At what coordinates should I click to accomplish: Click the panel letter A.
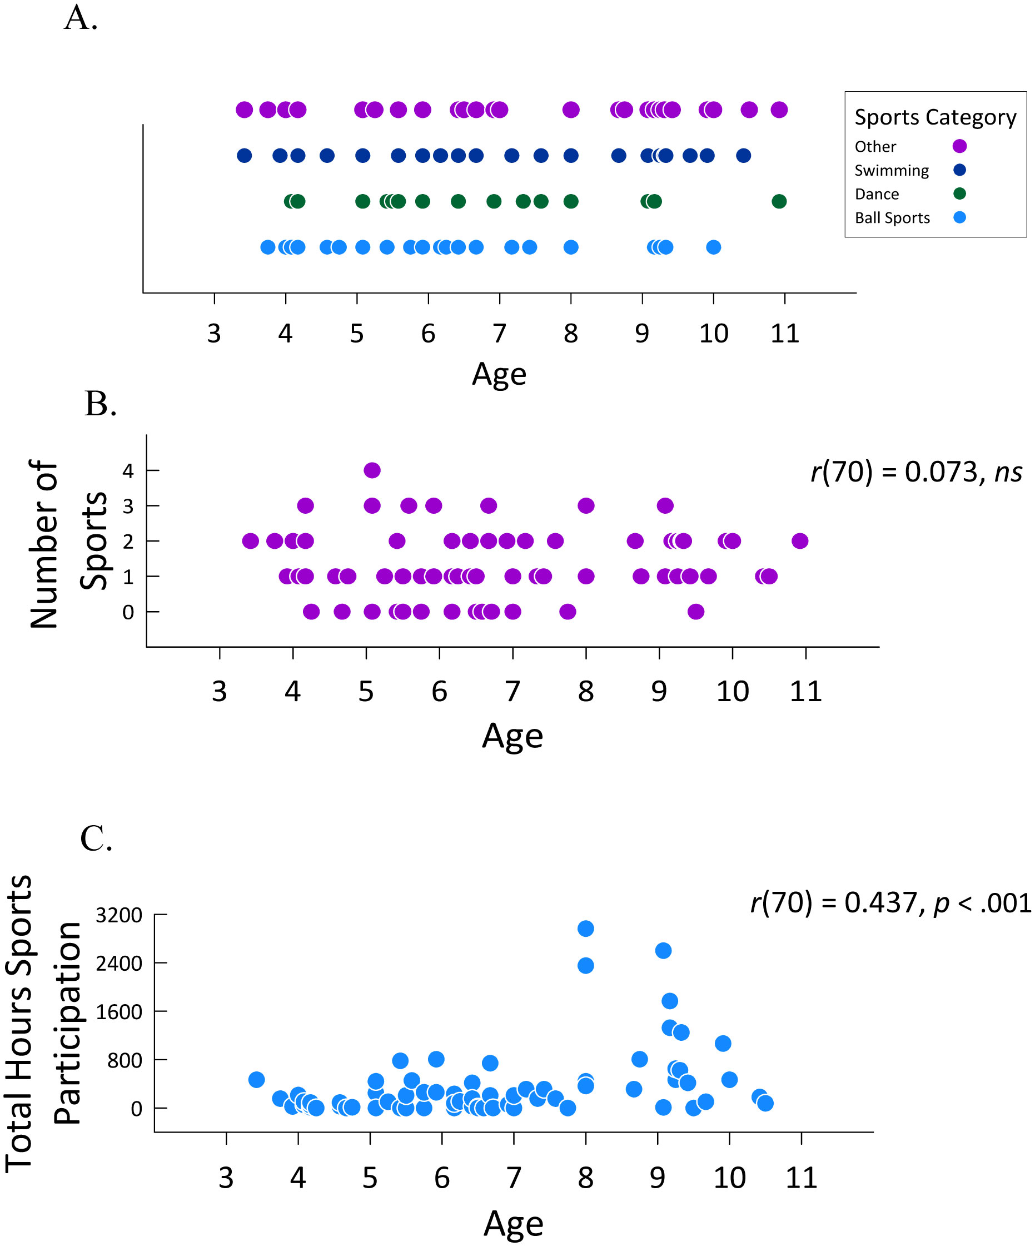pos(80,18)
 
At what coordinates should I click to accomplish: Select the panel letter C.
pos(96,838)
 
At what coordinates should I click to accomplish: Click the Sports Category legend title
pos(935,117)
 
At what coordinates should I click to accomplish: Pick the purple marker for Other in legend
pos(959,146)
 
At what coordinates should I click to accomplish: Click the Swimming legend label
pos(891,170)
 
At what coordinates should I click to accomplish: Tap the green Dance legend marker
pos(959,193)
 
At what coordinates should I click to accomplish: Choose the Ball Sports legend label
pos(892,218)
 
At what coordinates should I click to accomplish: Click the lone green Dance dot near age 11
pos(779,201)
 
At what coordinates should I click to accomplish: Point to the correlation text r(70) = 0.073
pos(916,472)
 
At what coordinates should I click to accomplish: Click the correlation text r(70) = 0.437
pos(890,902)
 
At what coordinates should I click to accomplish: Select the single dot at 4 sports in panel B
pos(372,470)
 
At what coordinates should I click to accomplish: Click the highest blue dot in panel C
pos(585,928)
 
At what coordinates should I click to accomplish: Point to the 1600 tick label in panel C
pos(118,1011)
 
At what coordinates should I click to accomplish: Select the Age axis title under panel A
pos(499,374)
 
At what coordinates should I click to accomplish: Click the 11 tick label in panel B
pos(805,691)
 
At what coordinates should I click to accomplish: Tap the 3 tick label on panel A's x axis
pos(214,334)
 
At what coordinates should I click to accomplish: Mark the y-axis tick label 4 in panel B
pos(127,471)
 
